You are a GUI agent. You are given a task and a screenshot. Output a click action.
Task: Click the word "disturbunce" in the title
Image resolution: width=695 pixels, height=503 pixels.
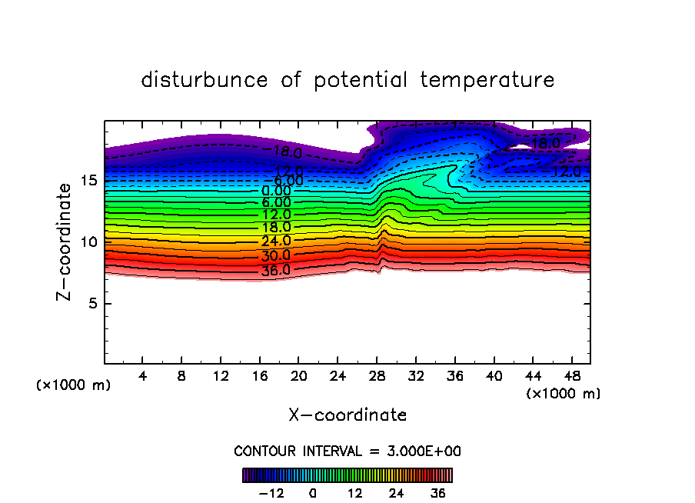[x=205, y=80]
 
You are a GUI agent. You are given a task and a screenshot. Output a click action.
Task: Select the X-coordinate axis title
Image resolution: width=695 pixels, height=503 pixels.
[x=347, y=415]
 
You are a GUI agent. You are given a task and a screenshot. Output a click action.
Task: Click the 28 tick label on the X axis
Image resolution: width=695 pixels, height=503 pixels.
[x=376, y=377]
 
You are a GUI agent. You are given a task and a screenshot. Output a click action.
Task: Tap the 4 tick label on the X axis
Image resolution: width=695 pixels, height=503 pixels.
[x=142, y=377]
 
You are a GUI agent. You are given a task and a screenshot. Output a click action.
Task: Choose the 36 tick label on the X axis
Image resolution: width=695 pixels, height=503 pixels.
[x=454, y=377]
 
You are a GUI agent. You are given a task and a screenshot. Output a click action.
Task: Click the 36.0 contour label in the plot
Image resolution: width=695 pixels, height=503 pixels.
[x=274, y=270]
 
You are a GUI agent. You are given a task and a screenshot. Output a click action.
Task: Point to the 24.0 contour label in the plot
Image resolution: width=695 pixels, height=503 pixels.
[x=274, y=241]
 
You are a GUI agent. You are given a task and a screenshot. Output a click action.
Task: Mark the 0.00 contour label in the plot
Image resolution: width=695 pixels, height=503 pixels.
[x=276, y=191]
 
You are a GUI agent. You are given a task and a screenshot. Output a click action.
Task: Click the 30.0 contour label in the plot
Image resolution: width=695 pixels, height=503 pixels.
[x=274, y=255]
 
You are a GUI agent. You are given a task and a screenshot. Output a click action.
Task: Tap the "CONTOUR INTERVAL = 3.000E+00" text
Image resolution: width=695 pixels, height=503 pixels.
[x=347, y=451]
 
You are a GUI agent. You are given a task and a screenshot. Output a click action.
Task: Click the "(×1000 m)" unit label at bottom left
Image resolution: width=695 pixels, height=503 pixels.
[x=74, y=385]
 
